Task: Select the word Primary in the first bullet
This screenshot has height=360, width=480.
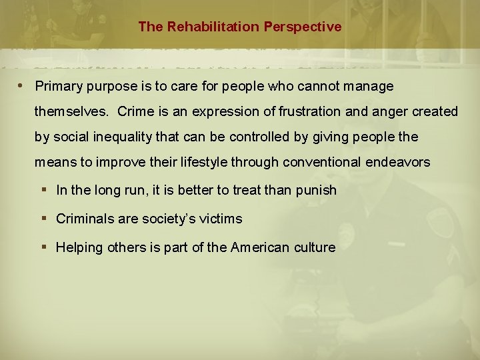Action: [57, 87]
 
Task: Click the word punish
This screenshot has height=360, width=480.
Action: [315, 191]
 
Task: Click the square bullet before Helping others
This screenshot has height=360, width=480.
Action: [44, 247]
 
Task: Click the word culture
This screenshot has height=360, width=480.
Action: [314, 247]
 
